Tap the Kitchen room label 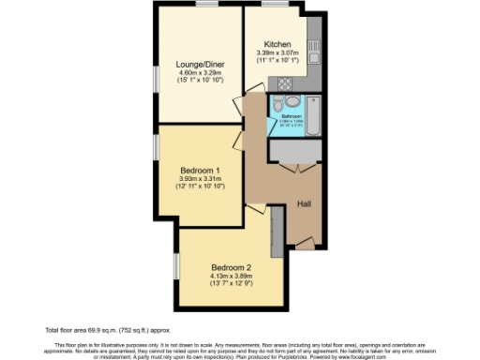pos(277,44)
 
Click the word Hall pos(304,203)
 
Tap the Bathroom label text pos(291,117)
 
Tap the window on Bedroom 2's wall pos(175,266)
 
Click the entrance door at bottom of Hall pos(304,243)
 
